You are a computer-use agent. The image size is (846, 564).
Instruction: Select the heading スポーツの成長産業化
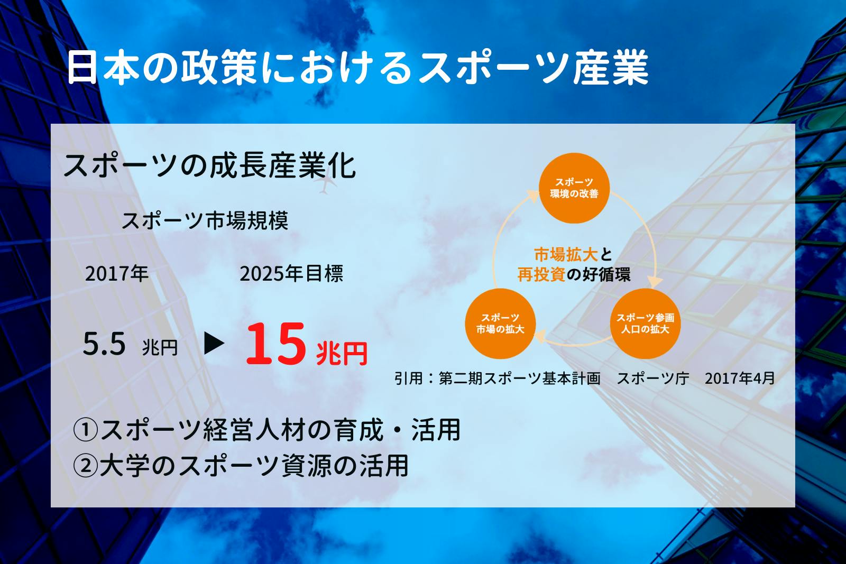click(209, 166)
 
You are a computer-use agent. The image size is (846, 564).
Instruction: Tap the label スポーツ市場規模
click(205, 220)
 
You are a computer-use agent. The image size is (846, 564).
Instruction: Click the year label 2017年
click(116, 273)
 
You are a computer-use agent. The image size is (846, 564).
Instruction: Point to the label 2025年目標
click(291, 273)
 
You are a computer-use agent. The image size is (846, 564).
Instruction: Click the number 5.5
click(104, 344)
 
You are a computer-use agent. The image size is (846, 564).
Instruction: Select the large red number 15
click(275, 344)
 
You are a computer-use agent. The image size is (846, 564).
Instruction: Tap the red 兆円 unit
click(342, 353)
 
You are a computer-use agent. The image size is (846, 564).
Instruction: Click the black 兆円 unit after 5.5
click(160, 347)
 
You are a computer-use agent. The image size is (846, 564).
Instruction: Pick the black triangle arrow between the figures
click(214, 343)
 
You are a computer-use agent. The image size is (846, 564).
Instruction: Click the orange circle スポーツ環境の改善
click(574, 188)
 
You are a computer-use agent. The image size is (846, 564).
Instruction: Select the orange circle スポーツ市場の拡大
click(500, 323)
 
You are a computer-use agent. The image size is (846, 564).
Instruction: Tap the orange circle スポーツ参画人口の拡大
click(645, 323)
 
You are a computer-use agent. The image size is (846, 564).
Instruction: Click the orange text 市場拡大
click(566, 255)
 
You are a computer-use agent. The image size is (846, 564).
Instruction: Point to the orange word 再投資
click(541, 274)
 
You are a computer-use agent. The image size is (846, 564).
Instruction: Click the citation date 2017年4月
click(740, 378)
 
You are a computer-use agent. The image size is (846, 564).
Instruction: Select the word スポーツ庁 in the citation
click(653, 378)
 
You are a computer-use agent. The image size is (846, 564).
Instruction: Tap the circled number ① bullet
click(85, 430)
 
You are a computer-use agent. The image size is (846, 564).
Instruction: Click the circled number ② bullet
click(85, 466)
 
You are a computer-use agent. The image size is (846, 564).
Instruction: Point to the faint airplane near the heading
click(324, 185)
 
